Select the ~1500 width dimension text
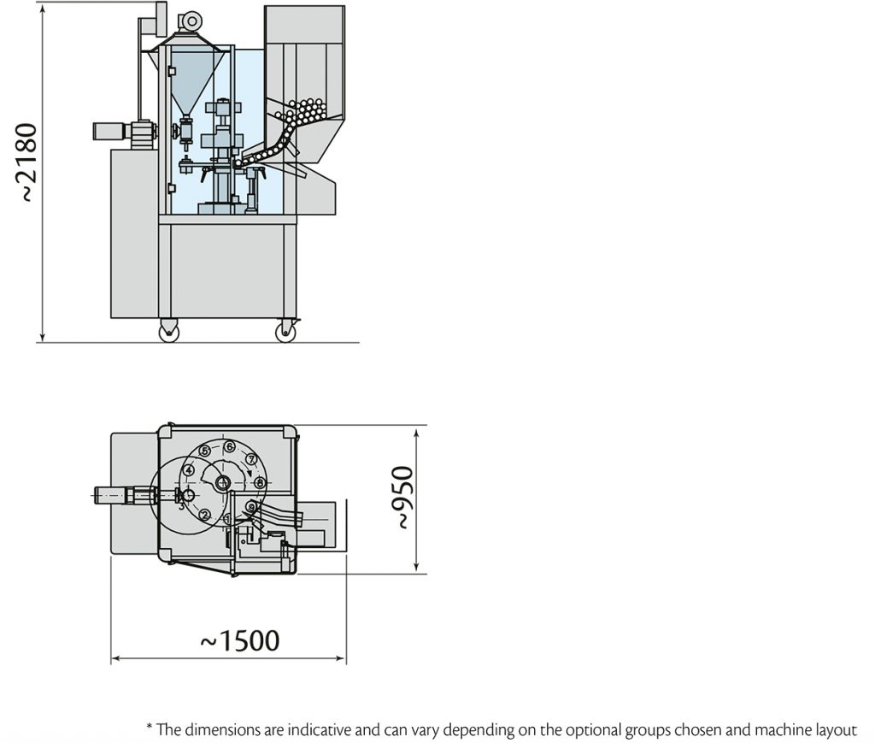tap(239, 640)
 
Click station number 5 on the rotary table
tap(205, 451)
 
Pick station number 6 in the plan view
tap(229, 446)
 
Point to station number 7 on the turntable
tap(251, 459)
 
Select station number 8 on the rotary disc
tap(260, 483)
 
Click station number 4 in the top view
tap(188, 469)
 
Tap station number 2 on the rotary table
tap(205, 515)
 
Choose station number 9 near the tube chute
tap(250, 507)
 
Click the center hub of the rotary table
tap(224, 483)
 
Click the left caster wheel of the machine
tap(168, 332)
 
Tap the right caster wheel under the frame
tap(285, 332)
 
